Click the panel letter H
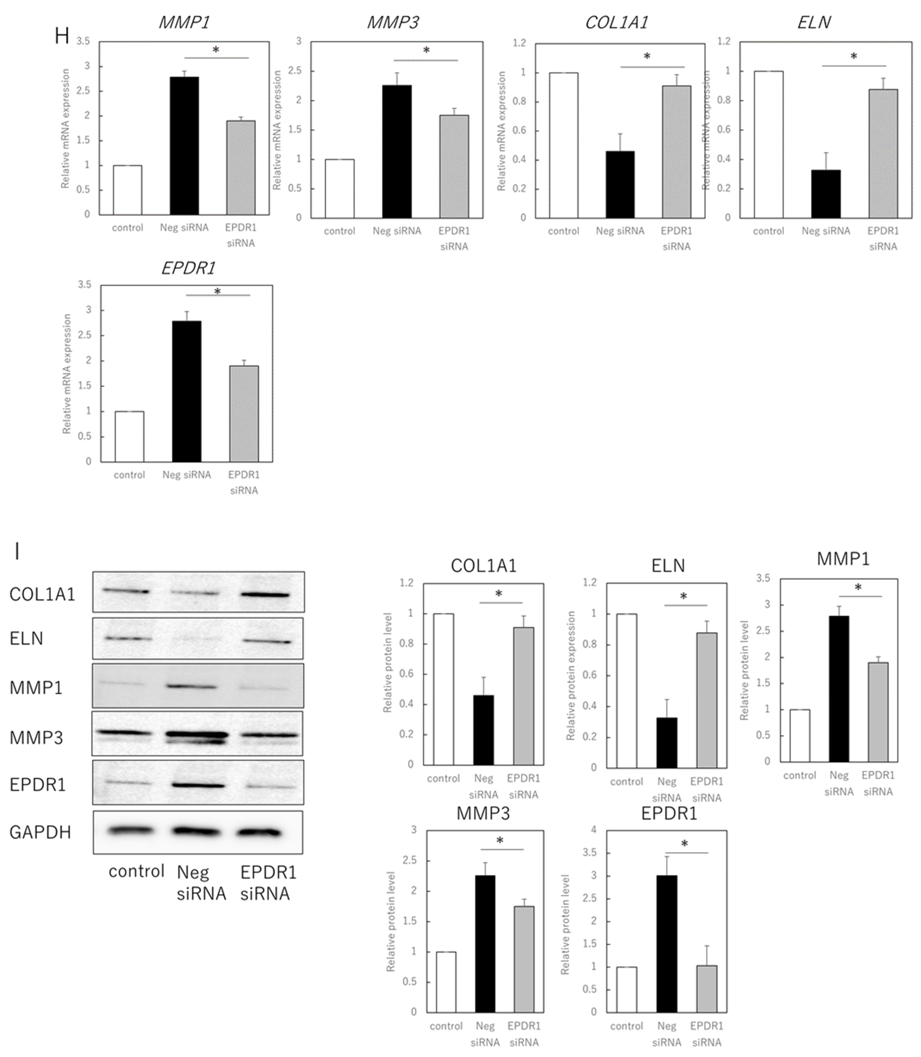point(62,36)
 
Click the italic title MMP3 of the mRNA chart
point(393,23)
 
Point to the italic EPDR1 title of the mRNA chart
point(188,268)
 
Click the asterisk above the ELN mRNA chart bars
point(854,56)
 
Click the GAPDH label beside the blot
point(40,832)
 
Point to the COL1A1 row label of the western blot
point(42,594)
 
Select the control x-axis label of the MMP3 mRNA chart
point(339,231)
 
